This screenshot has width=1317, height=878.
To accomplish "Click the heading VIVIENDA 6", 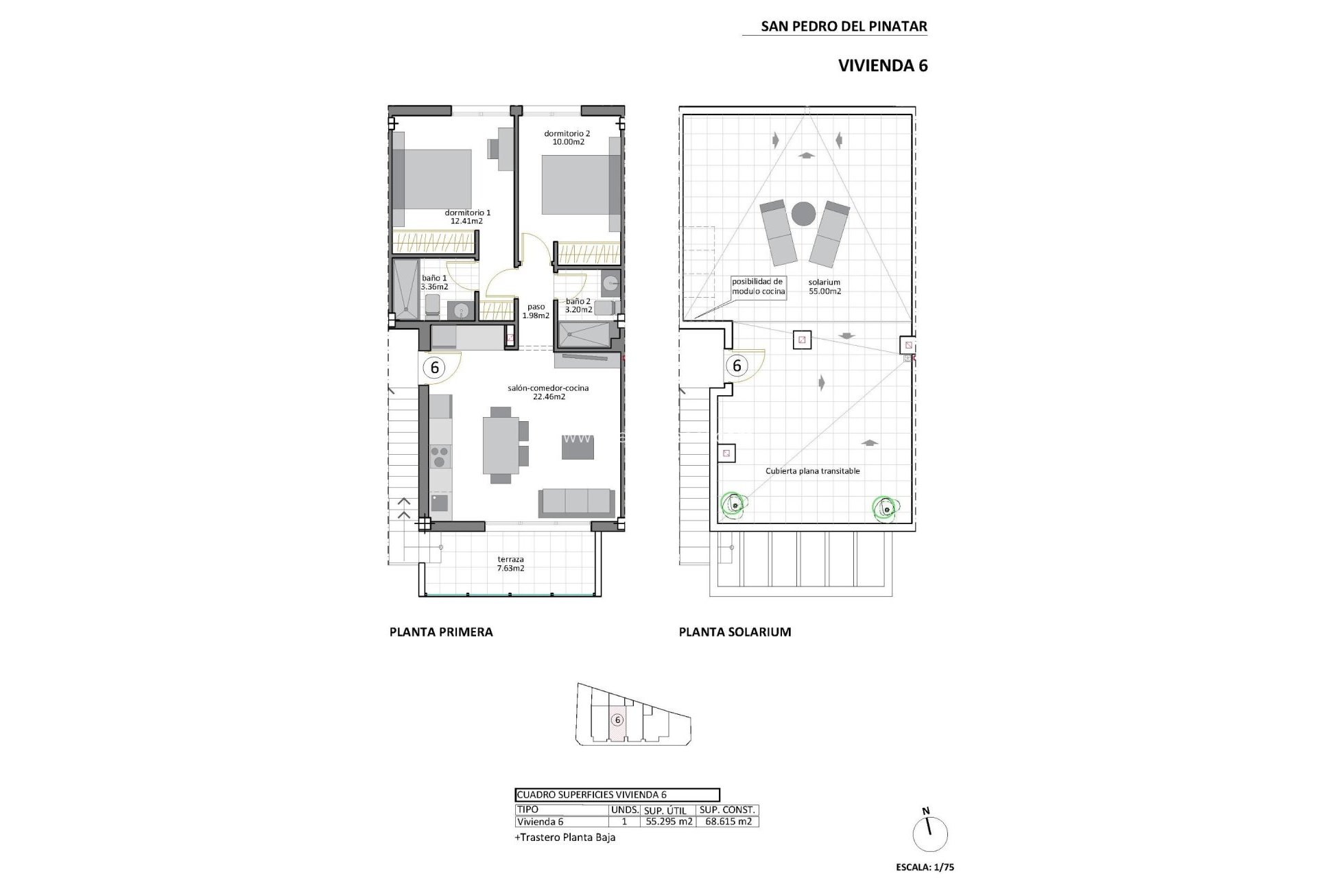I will pos(883,66).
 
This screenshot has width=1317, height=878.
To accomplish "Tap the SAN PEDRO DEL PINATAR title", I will pos(844,27).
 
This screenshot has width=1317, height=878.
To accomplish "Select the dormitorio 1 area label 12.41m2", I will pos(467,222).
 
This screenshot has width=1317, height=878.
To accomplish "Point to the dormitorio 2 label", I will pos(567,134).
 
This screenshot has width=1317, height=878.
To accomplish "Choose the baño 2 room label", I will pos(578,301).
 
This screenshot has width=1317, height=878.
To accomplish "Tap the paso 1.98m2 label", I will pos(536,311).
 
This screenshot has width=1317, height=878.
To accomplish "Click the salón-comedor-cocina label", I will pos(548,388).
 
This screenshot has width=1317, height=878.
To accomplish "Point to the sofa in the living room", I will pos(576,502).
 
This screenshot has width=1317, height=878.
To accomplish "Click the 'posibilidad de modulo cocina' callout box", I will pos(757,287).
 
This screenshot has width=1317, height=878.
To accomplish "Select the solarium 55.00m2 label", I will pos(824,287).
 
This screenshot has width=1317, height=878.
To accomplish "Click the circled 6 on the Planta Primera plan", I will pos(434,368).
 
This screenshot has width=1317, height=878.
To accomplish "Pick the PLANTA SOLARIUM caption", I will pos(735,632).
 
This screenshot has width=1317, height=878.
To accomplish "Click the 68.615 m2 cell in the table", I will pos(727,822).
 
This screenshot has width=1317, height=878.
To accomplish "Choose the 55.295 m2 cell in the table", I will pos(667,822).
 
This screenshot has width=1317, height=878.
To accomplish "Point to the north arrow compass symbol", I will pos(930,833).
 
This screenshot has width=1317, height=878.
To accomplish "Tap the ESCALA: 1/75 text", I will pos(925,867).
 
